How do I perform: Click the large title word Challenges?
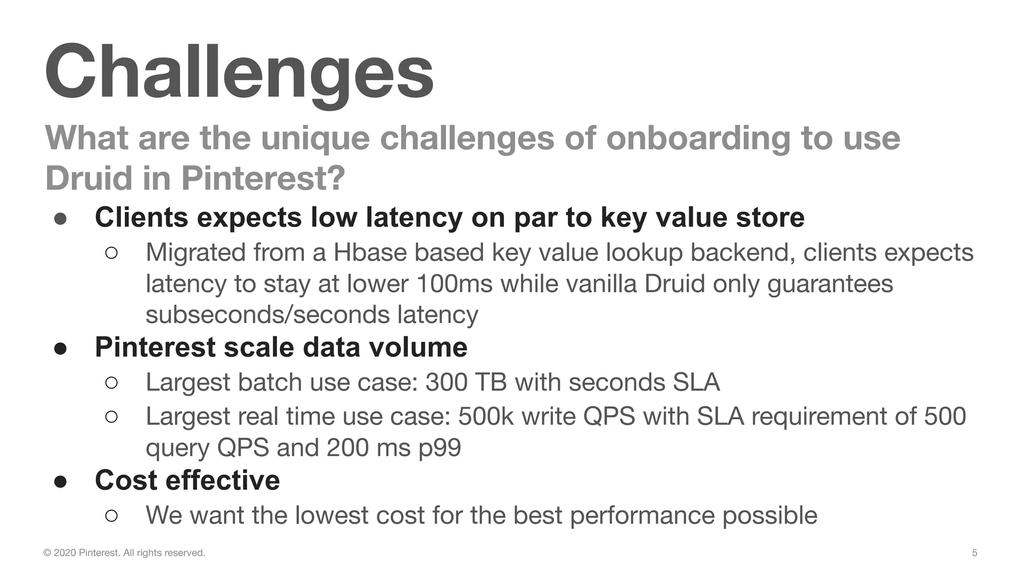pyautogui.click(x=240, y=72)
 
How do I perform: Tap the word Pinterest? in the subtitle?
pyautogui.click(x=263, y=178)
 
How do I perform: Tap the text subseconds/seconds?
pyautogui.click(x=267, y=315)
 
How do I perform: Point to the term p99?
pyautogui.click(x=440, y=448)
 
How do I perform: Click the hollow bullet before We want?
pyautogui.click(x=112, y=515)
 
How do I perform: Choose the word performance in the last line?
pyautogui.click(x=642, y=515)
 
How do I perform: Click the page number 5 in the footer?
pyautogui.click(x=974, y=553)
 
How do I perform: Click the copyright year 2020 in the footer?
pyautogui.click(x=65, y=553)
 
